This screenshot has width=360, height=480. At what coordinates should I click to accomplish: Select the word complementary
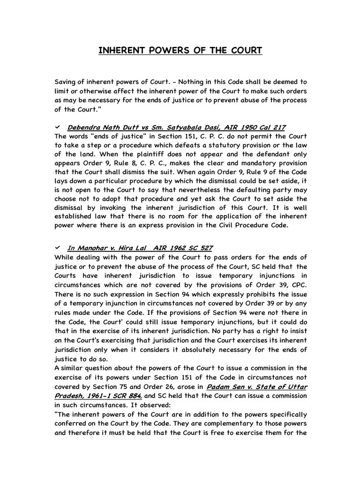click(232, 424)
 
